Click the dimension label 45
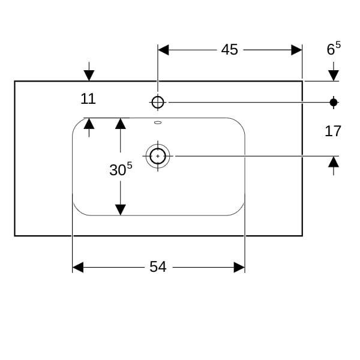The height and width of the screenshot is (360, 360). pyautogui.click(x=229, y=50)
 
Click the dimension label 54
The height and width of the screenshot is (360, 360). pyautogui.click(x=158, y=267)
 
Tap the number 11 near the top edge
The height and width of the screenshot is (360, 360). pyautogui.click(x=88, y=99)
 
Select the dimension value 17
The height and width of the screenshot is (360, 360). pyautogui.click(x=332, y=131)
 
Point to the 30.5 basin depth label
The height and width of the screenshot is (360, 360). pyautogui.click(x=121, y=169)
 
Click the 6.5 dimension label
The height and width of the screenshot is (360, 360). pyautogui.click(x=334, y=49)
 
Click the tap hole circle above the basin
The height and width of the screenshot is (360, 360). pyautogui.click(x=158, y=102)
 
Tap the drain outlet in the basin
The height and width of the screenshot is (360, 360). pyautogui.click(x=158, y=156)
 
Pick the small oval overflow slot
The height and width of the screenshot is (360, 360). pyautogui.click(x=158, y=122)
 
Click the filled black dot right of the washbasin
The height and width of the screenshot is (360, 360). pyautogui.click(x=334, y=103)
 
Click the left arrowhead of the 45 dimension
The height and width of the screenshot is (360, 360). pyautogui.click(x=163, y=50)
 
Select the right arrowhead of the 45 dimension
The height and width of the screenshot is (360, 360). pyautogui.click(x=296, y=50)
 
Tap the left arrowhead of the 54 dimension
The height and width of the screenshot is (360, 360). pyautogui.click(x=78, y=268)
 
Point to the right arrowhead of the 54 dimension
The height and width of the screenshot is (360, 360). pyautogui.click(x=239, y=268)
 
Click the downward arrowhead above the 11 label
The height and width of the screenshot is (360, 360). pyautogui.click(x=89, y=76)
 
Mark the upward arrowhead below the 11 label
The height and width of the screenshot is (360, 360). pyautogui.click(x=89, y=124)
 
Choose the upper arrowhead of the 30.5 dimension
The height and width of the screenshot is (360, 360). pyautogui.click(x=121, y=124)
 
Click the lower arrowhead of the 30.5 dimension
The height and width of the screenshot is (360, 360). pyautogui.click(x=121, y=210)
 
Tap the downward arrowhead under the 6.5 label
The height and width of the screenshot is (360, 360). pyautogui.click(x=334, y=76)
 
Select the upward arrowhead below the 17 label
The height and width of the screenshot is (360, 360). pyautogui.click(x=334, y=161)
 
